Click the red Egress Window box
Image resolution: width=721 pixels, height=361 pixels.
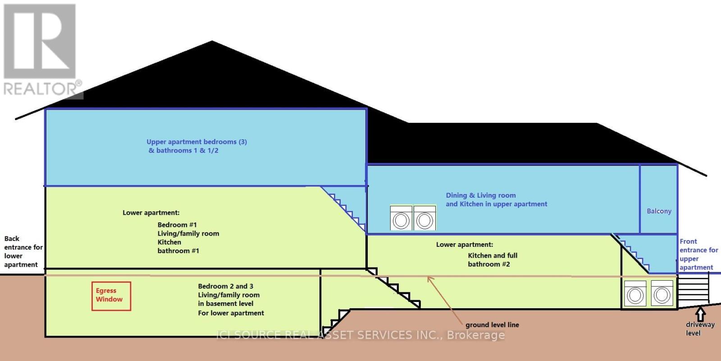click(x=111, y=296)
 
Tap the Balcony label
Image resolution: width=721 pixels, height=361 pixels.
click(x=659, y=211)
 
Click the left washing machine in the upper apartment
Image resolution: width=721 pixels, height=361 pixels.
click(x=401, y=218)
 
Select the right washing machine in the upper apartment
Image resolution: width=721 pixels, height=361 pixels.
click(x=424, y=218)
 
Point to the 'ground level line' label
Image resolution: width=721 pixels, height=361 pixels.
click(x=492, y=325)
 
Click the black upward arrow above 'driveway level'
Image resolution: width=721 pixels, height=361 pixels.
click(x=700, y=314)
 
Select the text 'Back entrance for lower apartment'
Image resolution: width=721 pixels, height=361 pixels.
click(x=23, y=252)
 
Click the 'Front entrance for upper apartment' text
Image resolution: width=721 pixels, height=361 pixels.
click(x=698, y=255)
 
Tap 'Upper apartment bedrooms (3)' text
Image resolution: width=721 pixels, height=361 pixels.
click(x=196, y=142)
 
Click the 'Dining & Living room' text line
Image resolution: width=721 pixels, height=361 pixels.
click(x=481, y=195)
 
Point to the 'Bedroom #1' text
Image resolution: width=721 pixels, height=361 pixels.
click(x=177, y=225)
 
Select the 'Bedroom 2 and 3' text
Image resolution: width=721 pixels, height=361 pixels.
click(x=225, y=286)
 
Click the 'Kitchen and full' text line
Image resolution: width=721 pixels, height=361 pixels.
click(x=493, y=255)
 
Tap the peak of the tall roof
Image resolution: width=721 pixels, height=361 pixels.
click(x=212, y=42)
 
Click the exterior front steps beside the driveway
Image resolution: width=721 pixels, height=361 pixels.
click(x=693, y=291)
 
